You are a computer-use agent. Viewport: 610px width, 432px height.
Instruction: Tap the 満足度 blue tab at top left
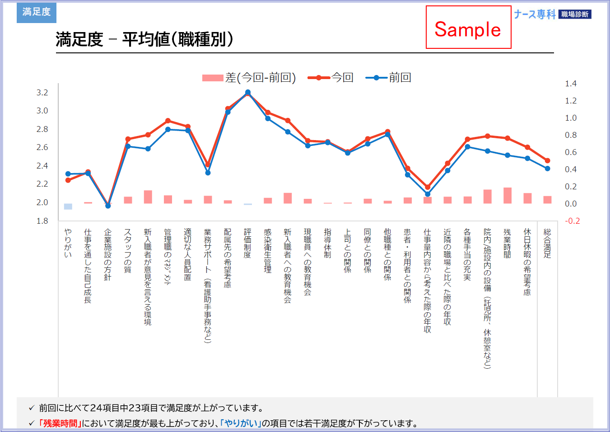click(37, 12)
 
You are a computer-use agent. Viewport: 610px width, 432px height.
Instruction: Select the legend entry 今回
click(342, 78)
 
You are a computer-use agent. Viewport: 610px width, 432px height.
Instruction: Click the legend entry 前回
click(400, 78)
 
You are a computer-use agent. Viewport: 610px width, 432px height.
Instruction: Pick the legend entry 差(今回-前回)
click(260, 78)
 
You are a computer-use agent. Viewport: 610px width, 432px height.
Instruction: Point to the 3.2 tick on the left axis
click(42, 93)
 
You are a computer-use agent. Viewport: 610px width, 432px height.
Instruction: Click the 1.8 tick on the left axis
click(42, 221)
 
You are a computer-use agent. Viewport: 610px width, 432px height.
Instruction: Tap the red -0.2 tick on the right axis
click(572, 221)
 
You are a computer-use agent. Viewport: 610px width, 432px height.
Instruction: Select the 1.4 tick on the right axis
click(571, 84)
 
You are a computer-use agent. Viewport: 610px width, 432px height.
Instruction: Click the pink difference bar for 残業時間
click(508, 196)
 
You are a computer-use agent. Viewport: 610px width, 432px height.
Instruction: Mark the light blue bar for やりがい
click(68, 207)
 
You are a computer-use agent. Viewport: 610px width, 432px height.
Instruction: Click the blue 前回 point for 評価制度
click(248, 92)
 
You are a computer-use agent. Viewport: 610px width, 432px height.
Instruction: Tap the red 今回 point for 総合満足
click(547, 160)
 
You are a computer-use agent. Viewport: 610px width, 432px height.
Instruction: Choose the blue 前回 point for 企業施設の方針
click(108, 206)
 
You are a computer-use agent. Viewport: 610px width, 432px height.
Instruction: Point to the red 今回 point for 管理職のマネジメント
click(168, 121)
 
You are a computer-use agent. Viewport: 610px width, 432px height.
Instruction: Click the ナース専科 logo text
click(535, 14)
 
